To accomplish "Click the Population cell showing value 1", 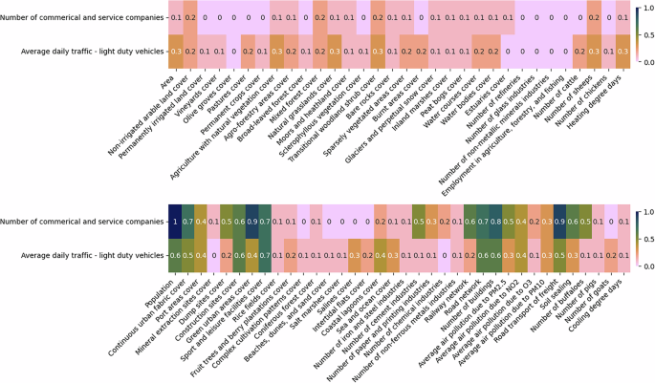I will tap(176, 221).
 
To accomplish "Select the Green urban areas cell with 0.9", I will tap(251, 221).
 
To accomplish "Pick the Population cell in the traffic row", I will tap(176, 254).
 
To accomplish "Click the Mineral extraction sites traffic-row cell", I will tap(213, 254).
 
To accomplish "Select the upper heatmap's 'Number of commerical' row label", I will tap(85, 17).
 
